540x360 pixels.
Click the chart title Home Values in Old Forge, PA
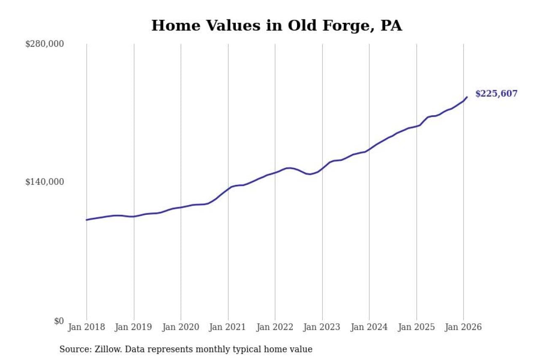pos(276,26)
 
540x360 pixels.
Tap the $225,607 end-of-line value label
pos(496,94)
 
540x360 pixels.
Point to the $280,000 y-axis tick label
pos(45,44)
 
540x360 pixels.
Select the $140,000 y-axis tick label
pos(45,182)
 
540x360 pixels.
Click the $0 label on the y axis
pos(59,321)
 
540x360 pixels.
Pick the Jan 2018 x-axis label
pos(86,328)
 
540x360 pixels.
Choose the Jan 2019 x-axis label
pos(134,328)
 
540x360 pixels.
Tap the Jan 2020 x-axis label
pos(181,328)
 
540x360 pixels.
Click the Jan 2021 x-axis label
pos(228,328)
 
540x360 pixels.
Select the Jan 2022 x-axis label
pos(275,328)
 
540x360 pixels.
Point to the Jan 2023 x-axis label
pos(322,328)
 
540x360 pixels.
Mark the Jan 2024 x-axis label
pos(370,328)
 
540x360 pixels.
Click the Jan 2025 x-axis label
pos(416,328)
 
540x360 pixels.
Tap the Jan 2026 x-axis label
pos(464,328)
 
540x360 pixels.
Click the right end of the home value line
pos(467,97)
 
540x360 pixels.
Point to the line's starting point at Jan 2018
pos(87,220)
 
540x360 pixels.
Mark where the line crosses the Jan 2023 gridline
pos(322,168)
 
